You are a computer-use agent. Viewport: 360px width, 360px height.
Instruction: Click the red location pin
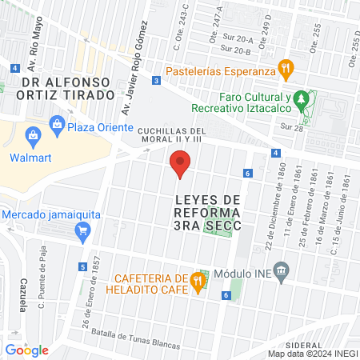[x=181, y=164]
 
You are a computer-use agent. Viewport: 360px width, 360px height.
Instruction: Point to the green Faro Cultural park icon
[x=301, y=100]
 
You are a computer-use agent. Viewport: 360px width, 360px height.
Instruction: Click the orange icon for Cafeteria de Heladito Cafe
[x=197, y=280]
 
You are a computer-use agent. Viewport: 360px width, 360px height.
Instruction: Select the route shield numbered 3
[x=155, y=81]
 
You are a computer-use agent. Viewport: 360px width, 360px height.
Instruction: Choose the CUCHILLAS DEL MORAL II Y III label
[x=172, y=137]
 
